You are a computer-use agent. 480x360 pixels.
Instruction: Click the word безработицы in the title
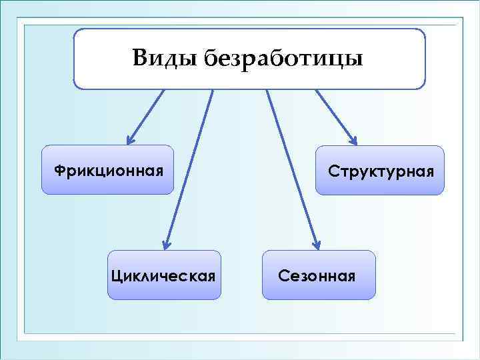(283, 59)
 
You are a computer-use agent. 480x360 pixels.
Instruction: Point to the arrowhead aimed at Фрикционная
(131, 139)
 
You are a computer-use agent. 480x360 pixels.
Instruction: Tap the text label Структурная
(381, 172)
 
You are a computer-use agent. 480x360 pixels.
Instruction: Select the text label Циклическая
(164, 275)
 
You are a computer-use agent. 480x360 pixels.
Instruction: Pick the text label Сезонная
(317, 275)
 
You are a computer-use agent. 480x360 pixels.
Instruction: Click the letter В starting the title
(140, 58)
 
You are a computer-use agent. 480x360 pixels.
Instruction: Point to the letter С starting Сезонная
(283, 275)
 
